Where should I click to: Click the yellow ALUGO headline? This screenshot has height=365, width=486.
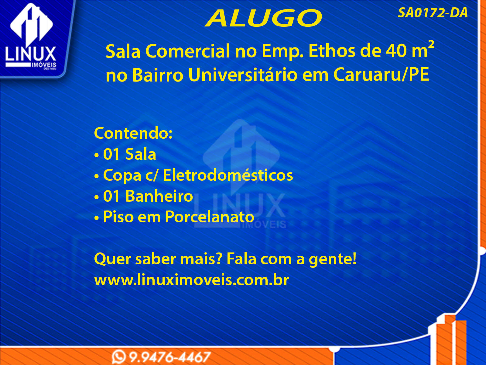[263, 18]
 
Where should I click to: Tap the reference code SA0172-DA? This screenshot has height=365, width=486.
[433, 13]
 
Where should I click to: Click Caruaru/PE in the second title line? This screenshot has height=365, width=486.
[381, 75]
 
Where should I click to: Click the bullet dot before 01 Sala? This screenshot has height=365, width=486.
[96, 155]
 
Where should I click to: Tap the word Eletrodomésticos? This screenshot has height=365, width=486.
[228, 175]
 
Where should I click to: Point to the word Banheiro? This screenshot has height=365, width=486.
[159, 196]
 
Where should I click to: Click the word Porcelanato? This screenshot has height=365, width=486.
[210, 217]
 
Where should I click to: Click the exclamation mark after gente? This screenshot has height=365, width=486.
[354, 259]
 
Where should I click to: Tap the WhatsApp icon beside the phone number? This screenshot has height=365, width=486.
[119, 357]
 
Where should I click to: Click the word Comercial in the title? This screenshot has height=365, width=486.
[188, 51]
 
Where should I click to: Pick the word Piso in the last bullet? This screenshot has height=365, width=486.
[118, 217]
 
